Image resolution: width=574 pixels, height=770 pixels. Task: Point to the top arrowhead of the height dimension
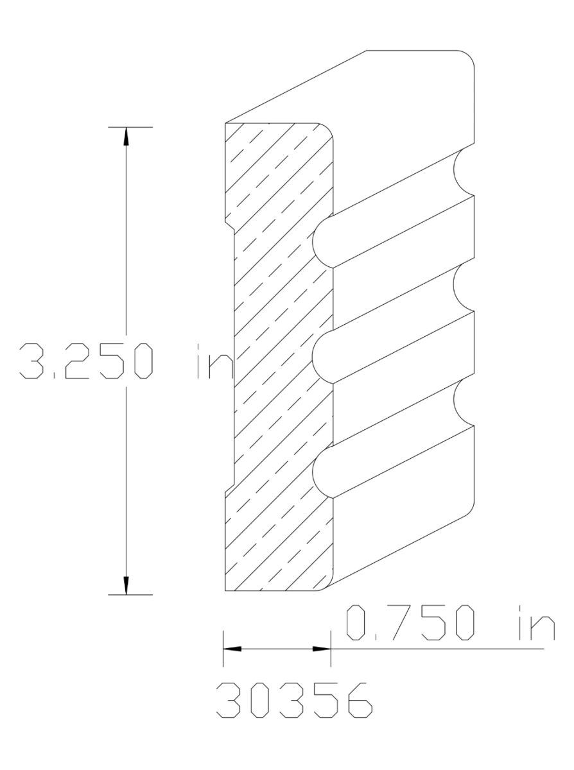[x=126, y=135]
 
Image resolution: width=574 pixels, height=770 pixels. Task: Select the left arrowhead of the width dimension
[x=232, y=649]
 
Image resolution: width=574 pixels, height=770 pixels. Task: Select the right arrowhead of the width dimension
[x=322, y=649]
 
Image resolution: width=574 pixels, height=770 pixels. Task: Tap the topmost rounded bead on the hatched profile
[x=323, y=243]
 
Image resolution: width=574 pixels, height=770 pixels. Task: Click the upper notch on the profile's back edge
[x=229, y=225]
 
